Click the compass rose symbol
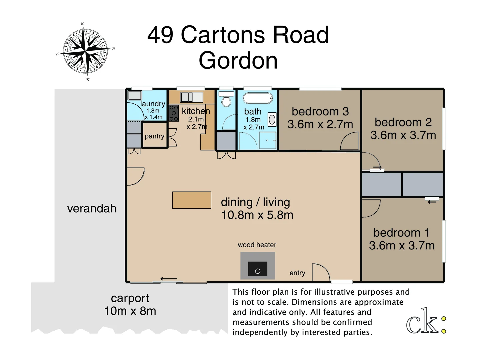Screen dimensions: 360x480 [85, 52]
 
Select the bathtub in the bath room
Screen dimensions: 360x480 [258, 98]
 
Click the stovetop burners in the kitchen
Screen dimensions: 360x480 [174, 113]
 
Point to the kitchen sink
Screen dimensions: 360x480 [191, 97]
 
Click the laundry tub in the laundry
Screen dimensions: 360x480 [135, 95]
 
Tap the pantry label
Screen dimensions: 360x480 [154, 136]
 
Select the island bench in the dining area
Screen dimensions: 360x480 [192, 200]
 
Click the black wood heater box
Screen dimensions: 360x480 [257, 269]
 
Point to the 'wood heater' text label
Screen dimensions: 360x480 [257, 245]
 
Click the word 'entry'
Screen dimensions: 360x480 [297, 273]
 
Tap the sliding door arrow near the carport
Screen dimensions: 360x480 [169, 279]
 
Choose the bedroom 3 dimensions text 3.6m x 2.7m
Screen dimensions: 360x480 [320, 124]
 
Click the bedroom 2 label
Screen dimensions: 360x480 [403, 122]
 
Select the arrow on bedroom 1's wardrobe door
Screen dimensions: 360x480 [432, 202]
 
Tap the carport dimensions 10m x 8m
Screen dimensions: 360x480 [130, 311]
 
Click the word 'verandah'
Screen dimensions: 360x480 [92, 208]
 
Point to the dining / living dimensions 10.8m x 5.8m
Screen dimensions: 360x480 [257, 215]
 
